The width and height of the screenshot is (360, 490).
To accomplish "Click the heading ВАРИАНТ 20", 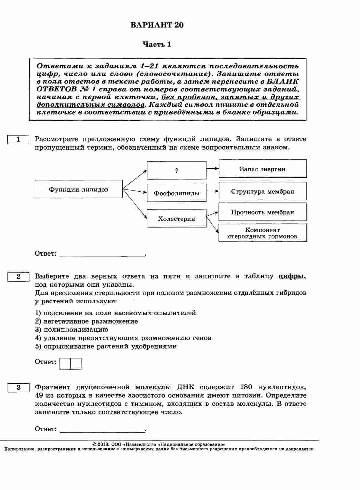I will pyautogui.click(x=157, y=25).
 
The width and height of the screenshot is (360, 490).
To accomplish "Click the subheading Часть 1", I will pyautogui.click(x=157, y=44).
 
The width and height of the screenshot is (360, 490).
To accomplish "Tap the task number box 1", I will pyautogui.click(x=18, y=140).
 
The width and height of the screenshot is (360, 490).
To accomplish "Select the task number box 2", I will pyautogui.click(x=18, y=277).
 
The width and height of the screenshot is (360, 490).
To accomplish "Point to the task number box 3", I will pyautogui.click(x=18, y=387).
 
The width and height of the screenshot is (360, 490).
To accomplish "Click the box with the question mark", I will pyautogui.click(x=176, y=170).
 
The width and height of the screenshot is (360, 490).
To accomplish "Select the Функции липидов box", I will pyautogui.click(x=78, y=189).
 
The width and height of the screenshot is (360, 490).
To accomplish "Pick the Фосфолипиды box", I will pyautogui.click(x=176, y=193).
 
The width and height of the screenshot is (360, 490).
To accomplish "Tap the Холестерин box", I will pyautogui.click(x=176, y=219).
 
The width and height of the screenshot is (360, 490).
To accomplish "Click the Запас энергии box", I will pyautogui.click(x=262, y=169).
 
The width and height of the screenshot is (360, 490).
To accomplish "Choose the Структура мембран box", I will pyautogui.click(x=262, y=191).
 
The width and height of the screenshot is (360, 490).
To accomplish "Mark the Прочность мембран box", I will pyautogui.click(x=262, y=212).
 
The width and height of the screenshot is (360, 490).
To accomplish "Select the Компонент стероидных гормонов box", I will pyautogui.click(x=262, y=233).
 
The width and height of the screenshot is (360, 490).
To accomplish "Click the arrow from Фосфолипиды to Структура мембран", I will pyautogui.click(x=212, y=191).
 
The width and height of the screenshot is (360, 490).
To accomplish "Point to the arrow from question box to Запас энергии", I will pyautogui.click(x=212, y=168).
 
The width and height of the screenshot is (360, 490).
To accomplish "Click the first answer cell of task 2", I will pyautogui.click(x=65, y=364).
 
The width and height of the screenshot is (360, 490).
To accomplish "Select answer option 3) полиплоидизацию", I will pyautogui.click(x=72, y=329).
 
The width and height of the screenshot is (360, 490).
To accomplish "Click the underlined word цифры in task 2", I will pyautogui.click(x=291, y=276).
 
